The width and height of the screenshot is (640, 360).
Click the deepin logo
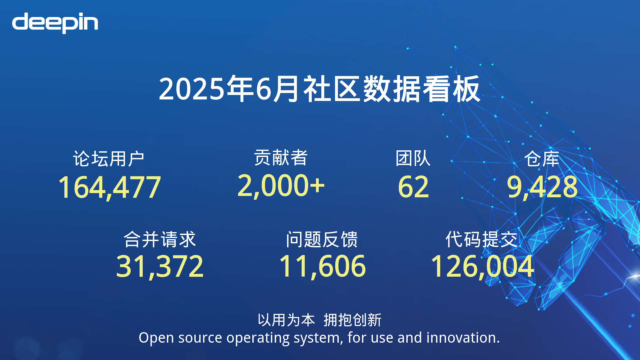(x=55, y=23)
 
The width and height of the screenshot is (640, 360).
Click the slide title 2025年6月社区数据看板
(x=319, y=89)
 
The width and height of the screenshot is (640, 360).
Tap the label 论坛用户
(x=109, y=159)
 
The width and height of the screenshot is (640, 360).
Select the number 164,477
(x=109, y=187)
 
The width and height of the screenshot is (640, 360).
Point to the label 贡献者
(x=281, y=157)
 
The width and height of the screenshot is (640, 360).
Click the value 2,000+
(x=281, y=186)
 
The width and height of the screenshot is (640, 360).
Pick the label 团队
(x=413, y=158)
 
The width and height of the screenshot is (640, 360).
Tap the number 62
(x=413, y=187)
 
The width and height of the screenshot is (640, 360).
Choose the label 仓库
(x=542, y=159)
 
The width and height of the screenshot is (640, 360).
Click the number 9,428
(x=542, y=187)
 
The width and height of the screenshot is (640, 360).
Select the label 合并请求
(x=160, y=239)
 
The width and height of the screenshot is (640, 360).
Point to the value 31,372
(x=160, y=266)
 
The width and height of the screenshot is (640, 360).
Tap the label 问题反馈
(x=322, y=239)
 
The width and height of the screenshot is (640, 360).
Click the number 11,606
(x=323, y=266)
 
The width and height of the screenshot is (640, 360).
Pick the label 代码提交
(x=482, y=239)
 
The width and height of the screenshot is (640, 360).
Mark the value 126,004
(x=482, y=266)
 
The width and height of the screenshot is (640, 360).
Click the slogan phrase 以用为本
(x=286, y=320)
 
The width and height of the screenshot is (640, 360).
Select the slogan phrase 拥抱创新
(x=352, y=320)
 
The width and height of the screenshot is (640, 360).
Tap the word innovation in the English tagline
(x=463, y=338)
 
